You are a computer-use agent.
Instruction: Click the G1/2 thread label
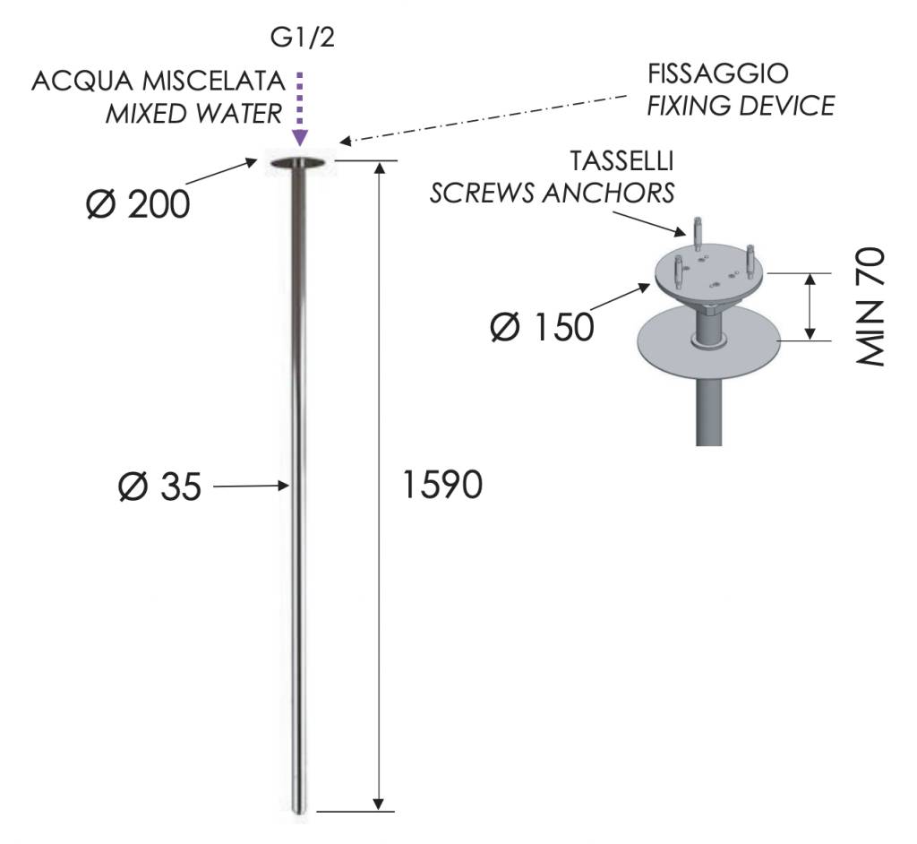point(303,38)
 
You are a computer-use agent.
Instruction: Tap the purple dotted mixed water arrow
point(300,109)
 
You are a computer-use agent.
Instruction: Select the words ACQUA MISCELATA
point(159,81)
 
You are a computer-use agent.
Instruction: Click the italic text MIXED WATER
point(193,114)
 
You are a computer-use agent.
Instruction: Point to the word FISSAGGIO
point(717,73)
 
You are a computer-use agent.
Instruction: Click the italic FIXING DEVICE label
point(741,106)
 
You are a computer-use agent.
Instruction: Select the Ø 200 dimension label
point(138,204)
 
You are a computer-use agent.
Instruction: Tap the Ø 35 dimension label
point(159,487)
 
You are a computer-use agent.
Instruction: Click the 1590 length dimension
point(442,485)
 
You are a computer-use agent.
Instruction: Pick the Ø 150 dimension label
point(542,327)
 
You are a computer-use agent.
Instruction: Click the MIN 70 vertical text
point(870,307)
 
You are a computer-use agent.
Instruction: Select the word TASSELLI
point(622,161)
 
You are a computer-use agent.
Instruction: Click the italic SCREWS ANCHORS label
point(552,194)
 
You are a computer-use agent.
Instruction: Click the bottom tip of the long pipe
point(299,813)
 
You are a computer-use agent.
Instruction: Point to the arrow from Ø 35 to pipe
point(252,486)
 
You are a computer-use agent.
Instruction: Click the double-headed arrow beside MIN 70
point(810,306)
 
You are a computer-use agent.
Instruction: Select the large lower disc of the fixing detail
point(709,340)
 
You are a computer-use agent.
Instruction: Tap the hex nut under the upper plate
point(710,307)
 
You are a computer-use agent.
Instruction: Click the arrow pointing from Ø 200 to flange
point(222,172)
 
